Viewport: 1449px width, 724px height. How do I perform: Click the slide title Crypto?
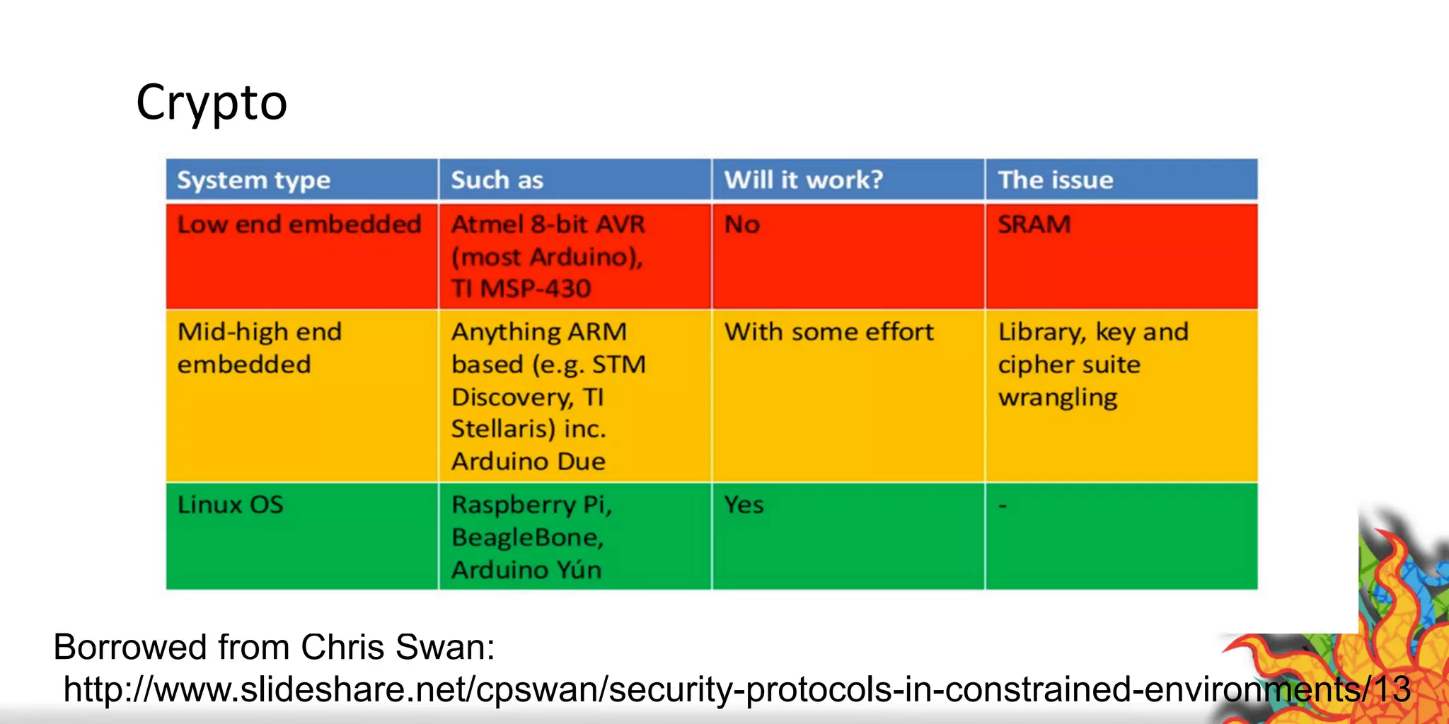coord(212,103)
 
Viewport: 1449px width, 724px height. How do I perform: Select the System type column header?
coord(253,180)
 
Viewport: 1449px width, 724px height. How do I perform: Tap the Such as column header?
coord(497,180)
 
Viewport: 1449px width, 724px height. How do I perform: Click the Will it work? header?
coord(803,180)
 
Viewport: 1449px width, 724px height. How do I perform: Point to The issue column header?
coord(1055,180)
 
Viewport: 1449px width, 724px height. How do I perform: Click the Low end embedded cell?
coord(299,225)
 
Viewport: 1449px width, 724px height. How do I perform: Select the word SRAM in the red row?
coord(1034,225)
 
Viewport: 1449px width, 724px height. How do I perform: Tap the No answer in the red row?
coord(742,225)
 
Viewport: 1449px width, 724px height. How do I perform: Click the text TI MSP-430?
coord(521,288)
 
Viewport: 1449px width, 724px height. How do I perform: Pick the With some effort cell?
coord(829,332)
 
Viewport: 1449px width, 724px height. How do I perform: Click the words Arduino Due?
coord(528,462)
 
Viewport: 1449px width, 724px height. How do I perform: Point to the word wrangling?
coord(1057,398)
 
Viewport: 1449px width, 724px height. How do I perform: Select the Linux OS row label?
coord(230,505)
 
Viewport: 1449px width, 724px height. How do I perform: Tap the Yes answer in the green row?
coord(744,505)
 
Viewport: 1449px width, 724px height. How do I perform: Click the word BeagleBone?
coord(527,537)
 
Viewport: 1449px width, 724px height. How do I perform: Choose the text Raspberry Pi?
coord(530,505)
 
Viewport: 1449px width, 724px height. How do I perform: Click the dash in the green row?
coord(1002,506)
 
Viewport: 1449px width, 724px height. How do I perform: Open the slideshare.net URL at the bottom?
coord(737,689)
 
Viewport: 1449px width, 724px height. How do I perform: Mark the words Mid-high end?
coord(260,332)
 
